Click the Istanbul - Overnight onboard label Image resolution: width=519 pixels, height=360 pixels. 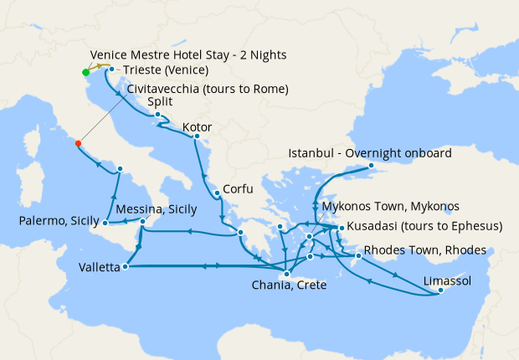pos(369,153)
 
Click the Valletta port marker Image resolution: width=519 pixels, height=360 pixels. pos(125,267)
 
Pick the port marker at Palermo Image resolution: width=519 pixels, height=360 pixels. pos(105,224)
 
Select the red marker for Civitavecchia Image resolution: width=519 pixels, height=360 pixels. pos(78,143)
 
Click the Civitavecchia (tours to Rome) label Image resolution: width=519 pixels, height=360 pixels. pos(208,89)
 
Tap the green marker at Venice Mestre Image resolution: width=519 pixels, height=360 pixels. pos(85,72)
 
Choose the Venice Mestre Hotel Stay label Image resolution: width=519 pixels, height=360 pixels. pos(188,55)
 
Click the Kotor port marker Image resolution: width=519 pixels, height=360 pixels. pos(197,136)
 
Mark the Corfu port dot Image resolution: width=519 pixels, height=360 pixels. pos(217,193)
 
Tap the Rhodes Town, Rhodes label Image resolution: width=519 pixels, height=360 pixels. pos(414,249)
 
